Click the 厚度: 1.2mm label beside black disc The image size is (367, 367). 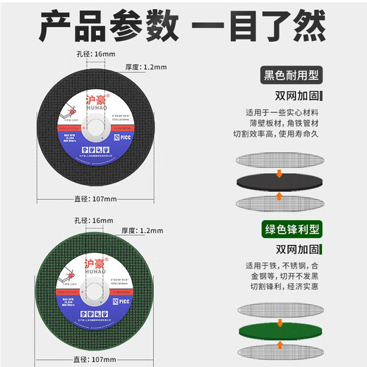click(145, 68)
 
